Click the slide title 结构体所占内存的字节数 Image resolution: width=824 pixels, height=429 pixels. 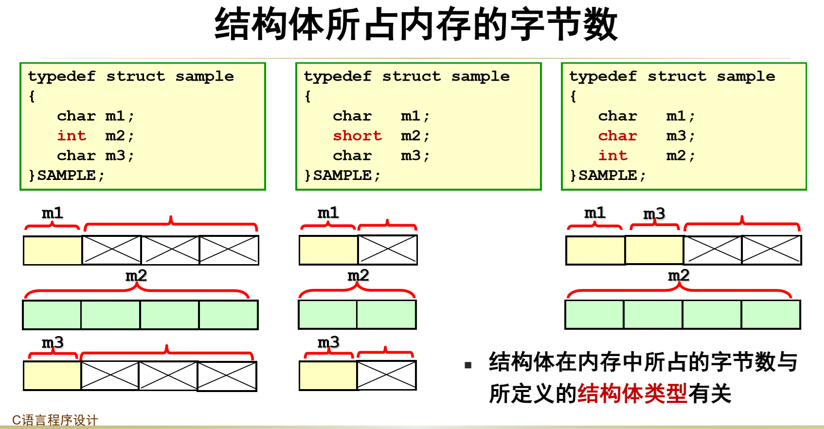(x=416, y=24)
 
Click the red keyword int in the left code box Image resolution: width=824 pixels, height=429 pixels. (x=72, y=136)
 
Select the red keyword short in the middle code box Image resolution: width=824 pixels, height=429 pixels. (x=357, y=136)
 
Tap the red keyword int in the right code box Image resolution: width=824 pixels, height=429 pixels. (x=612, y=156)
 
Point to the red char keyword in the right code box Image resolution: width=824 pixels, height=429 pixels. (x=617, y=136)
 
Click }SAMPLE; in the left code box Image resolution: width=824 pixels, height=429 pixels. (x=66, y=175)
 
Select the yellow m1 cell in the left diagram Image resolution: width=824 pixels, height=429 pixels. (x=53, y=250)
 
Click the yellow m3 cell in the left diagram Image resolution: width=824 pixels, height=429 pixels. (x=52, y=375)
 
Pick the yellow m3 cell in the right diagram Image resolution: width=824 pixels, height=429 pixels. (x=654, y=250)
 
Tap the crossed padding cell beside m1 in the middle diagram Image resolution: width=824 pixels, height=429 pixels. (x=388, y=250)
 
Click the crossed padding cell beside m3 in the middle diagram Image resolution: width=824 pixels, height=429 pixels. (x=387, y=375)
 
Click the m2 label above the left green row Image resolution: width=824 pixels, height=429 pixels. (x=136, y=276)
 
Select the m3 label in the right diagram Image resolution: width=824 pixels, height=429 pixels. (x=654, y=214)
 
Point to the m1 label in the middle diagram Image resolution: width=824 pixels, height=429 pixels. (x=328, y=213)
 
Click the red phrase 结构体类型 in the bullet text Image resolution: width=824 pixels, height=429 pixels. (x=632, y=393)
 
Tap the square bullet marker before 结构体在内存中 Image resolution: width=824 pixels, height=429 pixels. (x=468, y=365)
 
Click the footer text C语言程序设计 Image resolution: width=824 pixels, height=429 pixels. (x=55, y=420)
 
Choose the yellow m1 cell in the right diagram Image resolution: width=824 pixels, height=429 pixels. (x=595, y=250)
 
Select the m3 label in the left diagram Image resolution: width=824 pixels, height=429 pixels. (x=53, y=342)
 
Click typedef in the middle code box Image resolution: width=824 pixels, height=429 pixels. (x=338, y=76)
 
